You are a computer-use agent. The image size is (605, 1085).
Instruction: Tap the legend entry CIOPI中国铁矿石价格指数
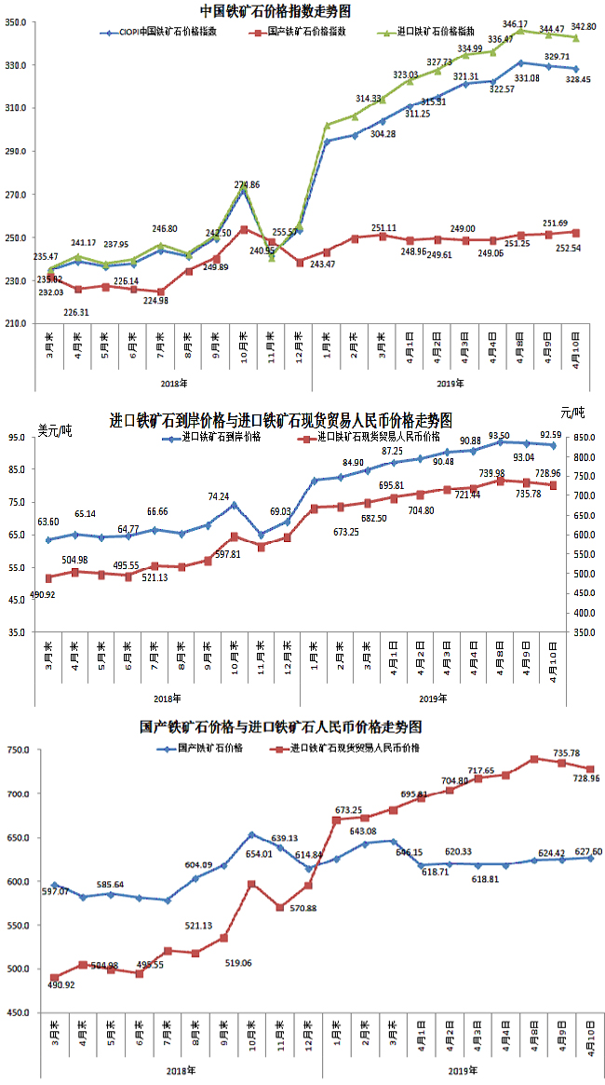[x=168, y=31]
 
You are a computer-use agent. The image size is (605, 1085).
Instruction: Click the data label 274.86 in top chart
[x=248, y=184]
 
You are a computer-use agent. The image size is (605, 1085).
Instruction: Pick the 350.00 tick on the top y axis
[x=20, y=21]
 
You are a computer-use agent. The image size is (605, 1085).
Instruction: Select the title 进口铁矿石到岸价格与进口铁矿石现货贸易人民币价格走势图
[x=282, y=421]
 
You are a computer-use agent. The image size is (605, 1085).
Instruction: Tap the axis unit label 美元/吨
[x=55, y=427]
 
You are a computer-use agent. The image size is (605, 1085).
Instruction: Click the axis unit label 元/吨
[x=574, y=412]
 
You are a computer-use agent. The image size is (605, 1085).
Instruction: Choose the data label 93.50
[x=499, y=435]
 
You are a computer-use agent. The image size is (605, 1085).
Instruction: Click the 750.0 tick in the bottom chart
[x=19, y=751]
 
